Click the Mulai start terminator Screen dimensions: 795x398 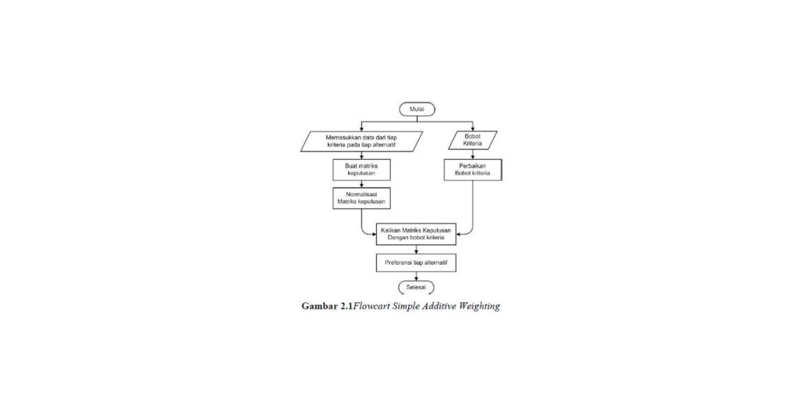417,109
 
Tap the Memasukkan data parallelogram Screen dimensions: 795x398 361,141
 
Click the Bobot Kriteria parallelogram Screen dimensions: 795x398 473,141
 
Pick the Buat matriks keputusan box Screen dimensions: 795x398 361,170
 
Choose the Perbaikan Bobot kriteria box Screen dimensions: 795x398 473,170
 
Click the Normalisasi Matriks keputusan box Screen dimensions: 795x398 361,198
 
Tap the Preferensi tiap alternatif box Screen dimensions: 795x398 416,263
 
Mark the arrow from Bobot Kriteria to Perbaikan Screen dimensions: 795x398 473,155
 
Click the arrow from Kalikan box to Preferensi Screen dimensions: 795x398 416,249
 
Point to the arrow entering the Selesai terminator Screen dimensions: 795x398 416,277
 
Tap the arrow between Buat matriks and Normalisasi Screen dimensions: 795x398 361,184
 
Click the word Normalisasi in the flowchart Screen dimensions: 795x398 361,194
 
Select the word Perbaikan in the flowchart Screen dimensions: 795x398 473,165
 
